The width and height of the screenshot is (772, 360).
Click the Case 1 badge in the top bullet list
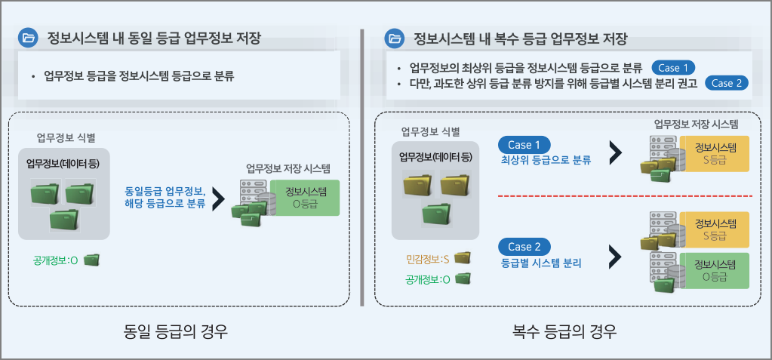click(674, 66)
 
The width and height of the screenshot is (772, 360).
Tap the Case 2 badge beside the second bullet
click(727, 82)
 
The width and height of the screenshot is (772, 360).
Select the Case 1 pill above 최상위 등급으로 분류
click(524, 144)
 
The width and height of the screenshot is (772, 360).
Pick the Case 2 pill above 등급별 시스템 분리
click(524, 247)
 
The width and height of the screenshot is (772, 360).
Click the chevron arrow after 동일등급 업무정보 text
click(219, 198)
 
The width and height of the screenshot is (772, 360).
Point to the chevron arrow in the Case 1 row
click(615, 152)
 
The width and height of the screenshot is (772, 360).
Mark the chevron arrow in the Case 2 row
click(615, 255)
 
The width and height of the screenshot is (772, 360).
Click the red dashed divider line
click(625, 196)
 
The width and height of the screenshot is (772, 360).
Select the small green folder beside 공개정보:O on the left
click(91, 260)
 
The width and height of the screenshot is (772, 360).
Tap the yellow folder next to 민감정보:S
click(462, 258)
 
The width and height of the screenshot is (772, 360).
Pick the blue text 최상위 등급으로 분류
click(546, 160)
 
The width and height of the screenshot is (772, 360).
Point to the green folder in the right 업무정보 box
click(438, 214)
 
